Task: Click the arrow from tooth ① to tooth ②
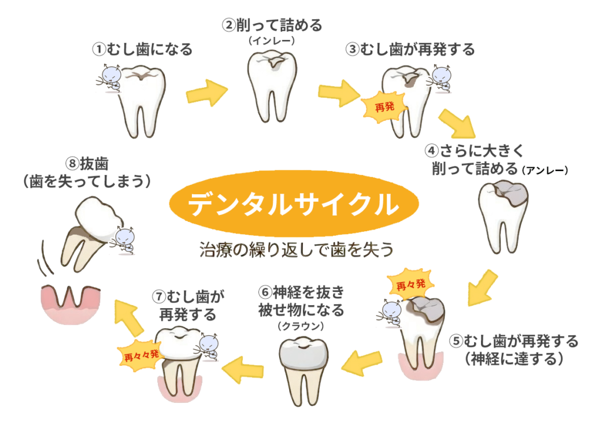tap(206, 91)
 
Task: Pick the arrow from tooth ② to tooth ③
tap(339, 92)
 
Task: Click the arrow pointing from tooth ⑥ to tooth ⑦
tap(243, 369)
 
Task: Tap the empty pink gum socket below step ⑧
tap(71, 303)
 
